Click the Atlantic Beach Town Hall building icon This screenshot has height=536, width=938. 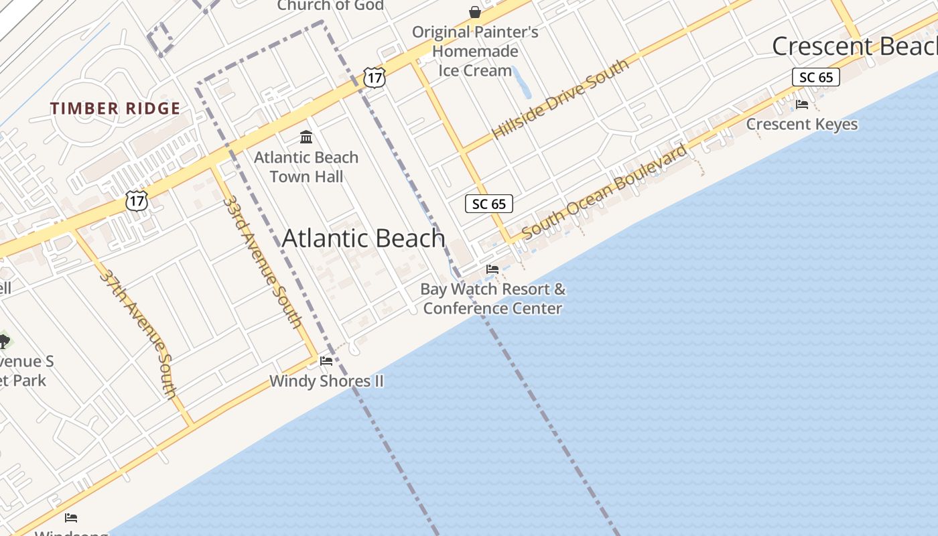point(307,137)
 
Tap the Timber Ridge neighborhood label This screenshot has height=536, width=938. point(115,109)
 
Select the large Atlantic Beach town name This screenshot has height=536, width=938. point(364,239)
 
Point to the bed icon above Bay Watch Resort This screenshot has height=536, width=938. point(492,269)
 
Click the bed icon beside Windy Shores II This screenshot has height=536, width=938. point(326,361)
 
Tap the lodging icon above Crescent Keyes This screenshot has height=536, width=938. point(801,105)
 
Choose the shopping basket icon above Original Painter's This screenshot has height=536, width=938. point(475,12)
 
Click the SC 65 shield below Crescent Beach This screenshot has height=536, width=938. point(816,77)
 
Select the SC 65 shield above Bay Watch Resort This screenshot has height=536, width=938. point(489,204)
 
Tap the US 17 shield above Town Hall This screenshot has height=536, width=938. point(375,78)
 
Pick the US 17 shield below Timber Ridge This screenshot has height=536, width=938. point(136,200)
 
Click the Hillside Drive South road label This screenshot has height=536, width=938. point(561,98)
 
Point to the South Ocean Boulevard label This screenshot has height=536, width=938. point(604,192)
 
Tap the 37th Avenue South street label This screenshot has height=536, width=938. point(139,333)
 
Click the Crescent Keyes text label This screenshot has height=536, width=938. point(801,125)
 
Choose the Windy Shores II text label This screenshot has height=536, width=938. point(326,381)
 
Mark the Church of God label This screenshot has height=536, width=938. point(330,6)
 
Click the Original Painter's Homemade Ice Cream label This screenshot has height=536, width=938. point(475,51)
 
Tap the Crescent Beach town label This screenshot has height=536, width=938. point(854,46)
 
